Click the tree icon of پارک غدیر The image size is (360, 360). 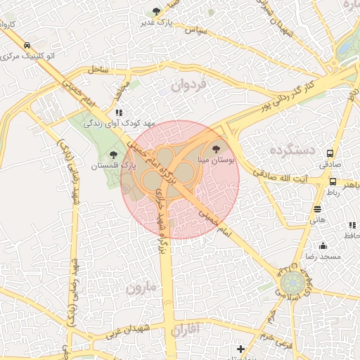click(156, 11)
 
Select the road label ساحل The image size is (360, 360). click(98, 70)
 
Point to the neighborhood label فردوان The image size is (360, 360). click(188, 87)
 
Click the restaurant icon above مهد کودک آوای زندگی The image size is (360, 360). click(119, 112)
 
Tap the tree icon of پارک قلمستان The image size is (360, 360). click(114, 155)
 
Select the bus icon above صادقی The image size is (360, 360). click(330, 153)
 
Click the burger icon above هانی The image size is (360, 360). click(318, 209)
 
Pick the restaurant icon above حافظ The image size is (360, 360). click(352, 225)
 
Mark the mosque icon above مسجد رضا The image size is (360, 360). click(323, 245)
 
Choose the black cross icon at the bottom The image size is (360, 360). click(240, 349)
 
